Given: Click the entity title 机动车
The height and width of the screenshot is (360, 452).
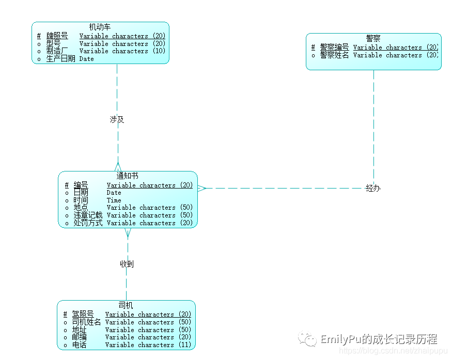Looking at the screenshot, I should [x=100, y=27].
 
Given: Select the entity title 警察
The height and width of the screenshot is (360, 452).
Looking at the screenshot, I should [x=373, y=38].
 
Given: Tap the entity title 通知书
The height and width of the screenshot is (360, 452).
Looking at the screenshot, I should [x=127, y=176].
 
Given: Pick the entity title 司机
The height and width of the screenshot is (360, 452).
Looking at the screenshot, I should [x=126, y=305].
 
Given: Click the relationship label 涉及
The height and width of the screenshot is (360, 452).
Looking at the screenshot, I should [x=117, y=119].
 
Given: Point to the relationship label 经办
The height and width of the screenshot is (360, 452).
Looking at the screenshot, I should [x=373, y=189].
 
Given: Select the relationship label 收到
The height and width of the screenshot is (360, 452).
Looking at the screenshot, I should [x=127, y=264].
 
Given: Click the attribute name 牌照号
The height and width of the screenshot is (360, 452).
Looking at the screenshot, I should [x=57, y=36].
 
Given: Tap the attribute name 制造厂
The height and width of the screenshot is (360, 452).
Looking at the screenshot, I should [x=57, y=51].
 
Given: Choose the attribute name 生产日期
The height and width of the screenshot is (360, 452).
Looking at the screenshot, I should [x=61, y=59].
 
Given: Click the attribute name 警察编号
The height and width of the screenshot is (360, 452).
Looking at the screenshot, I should [x=334, y=48].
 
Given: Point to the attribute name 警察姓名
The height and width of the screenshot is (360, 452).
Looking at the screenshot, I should [x=334, y=55].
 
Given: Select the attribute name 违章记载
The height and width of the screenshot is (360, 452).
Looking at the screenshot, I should [x=88, y=215].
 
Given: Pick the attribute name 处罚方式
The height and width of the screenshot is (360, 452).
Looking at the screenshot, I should [x=88, y=223].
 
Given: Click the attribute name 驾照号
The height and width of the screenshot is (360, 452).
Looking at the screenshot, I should [x=83, y=315].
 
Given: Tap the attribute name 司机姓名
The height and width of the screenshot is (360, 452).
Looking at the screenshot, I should [x=86, y=322].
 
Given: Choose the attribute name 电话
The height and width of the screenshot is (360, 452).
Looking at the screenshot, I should [x=79, y=345].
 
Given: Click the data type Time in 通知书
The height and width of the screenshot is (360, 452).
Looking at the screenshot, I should [x=114, y=200].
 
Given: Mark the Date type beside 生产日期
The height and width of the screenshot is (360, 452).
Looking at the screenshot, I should [x=87, y=59].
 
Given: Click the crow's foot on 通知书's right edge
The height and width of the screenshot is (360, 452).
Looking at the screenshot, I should [x=202, y=189].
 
